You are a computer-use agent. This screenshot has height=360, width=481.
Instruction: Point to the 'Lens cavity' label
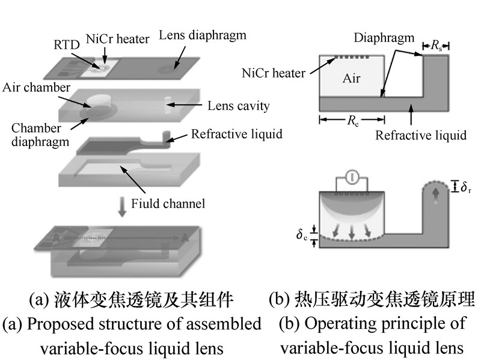pos(238,106)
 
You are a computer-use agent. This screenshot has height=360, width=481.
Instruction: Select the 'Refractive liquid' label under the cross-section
pos(420,135)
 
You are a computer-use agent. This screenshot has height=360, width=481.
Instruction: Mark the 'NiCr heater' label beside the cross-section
pos(274,73)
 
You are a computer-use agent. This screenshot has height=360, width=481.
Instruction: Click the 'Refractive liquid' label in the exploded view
pos(236,133)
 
